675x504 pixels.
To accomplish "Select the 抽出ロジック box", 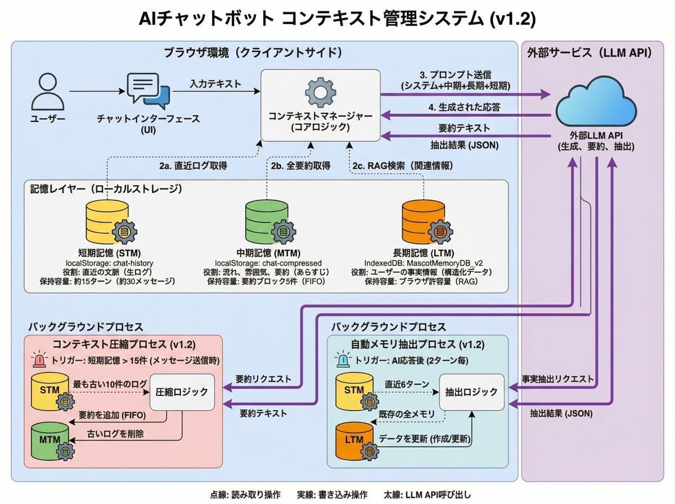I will [471, 392].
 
